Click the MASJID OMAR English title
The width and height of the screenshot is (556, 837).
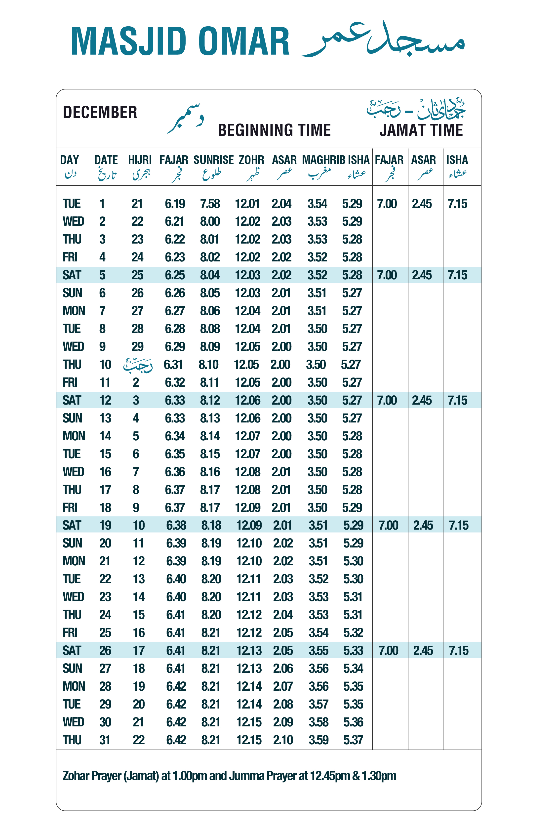tap(180, 41)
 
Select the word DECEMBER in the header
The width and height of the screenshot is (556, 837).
tap(100, 112)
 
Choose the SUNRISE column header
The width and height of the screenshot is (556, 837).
tap(213, 160)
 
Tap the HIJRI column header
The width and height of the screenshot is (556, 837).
tap(140, 160)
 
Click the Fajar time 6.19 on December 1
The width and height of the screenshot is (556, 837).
tap(175, 204)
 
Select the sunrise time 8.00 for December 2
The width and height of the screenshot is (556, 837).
tap(210, 222)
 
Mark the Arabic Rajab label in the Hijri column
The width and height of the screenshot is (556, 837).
tap(138, 365)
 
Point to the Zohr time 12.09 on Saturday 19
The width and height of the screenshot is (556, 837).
tap(249, 525)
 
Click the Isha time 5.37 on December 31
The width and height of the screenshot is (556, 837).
tap(353, 740)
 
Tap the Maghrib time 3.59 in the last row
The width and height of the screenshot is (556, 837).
tap(318, 740)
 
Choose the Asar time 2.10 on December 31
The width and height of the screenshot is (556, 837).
tap(283, 740)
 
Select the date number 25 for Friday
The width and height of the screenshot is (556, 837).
tap(105, 633)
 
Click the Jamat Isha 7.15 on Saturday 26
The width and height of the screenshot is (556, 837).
tap(458, 650)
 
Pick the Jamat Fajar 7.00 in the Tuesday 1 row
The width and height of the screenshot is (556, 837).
tap(387, 204)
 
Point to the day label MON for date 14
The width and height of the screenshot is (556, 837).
tap(74, 436)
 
